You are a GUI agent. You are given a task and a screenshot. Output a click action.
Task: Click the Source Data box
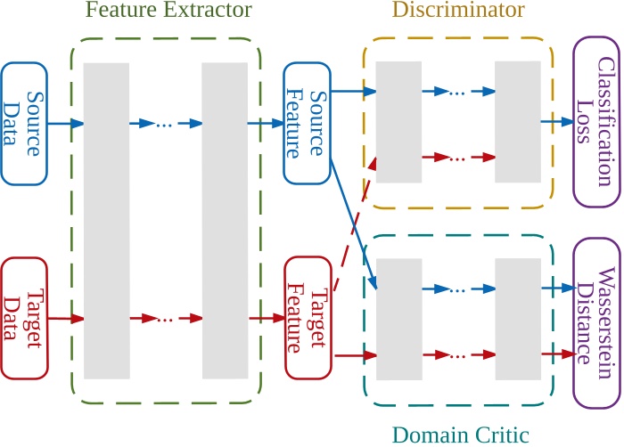pyautogui.click(x=25, y=124)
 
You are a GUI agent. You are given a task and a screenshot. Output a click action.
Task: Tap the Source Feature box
pyautogui.click(x=307, y=124)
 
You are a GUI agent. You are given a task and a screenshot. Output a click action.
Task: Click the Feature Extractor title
pyautogui.click(x=168, y=12)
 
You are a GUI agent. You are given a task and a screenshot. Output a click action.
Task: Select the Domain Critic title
pyautogui.click(x=461, y=435)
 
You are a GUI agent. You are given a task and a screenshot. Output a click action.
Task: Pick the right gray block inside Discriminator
pyautogui.click(x=518, y=122)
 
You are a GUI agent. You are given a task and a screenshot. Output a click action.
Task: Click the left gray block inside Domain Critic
pyautogui.click(x=398, y=318)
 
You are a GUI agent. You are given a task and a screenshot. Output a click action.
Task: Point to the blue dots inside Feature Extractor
pyautogui.click(x=164, y=124)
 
